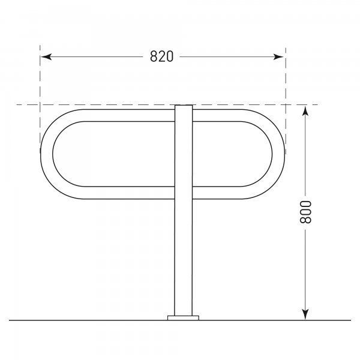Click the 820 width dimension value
pyautogui.click(x=161, y=56)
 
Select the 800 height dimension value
pyautogui.click(x=305, y=212)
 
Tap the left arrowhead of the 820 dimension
pyautogui.click(x=46, y=56)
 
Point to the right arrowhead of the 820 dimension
pyautogui.click(x=279, y=56)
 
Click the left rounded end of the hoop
pyautogui.click(x=46, y=154)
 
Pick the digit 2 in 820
pyautogui.click(x=161, y=56)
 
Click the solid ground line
pyautogui.click(x=90, y=320)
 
